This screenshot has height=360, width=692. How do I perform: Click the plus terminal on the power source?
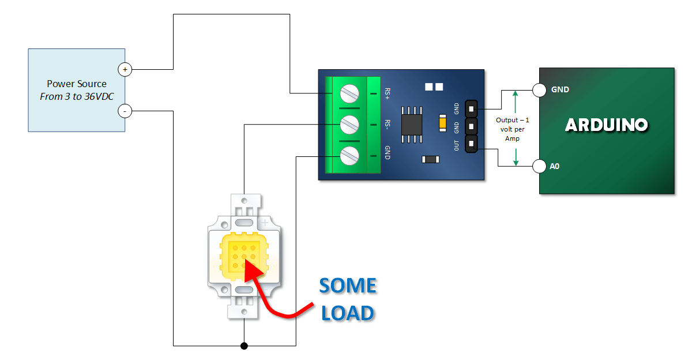pyautogui.click(x=125, y=69)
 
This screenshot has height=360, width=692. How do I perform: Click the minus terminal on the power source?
pyautogui.click(x=125, y=111)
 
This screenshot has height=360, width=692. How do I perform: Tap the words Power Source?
pyautogui.click(x=77, y=84)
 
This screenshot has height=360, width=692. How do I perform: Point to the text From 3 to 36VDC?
pyautogui.click(x=77, y=96)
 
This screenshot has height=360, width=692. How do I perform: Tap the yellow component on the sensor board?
pyautogui.click(x=442, y=123)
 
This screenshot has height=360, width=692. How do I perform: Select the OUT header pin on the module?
pyautogui.click(x=471, y=144)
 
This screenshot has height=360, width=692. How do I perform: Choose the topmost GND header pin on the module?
pyautogui.click(x=471, y=108)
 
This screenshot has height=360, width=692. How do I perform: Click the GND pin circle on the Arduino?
pyautogui.click(x=539, y=90)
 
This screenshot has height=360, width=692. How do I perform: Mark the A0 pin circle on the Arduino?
pyautogui.click(x=539, y=167)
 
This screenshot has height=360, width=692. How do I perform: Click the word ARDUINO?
pyautogui.click(x=607, y=125)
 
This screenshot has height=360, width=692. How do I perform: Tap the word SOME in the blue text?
pyautogui.click(x=347, y=286)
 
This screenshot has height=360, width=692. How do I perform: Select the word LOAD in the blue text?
pyautogui.click(x=347, y=313)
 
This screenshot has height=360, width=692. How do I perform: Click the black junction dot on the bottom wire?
pyautogui.click(x=244, y=346)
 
